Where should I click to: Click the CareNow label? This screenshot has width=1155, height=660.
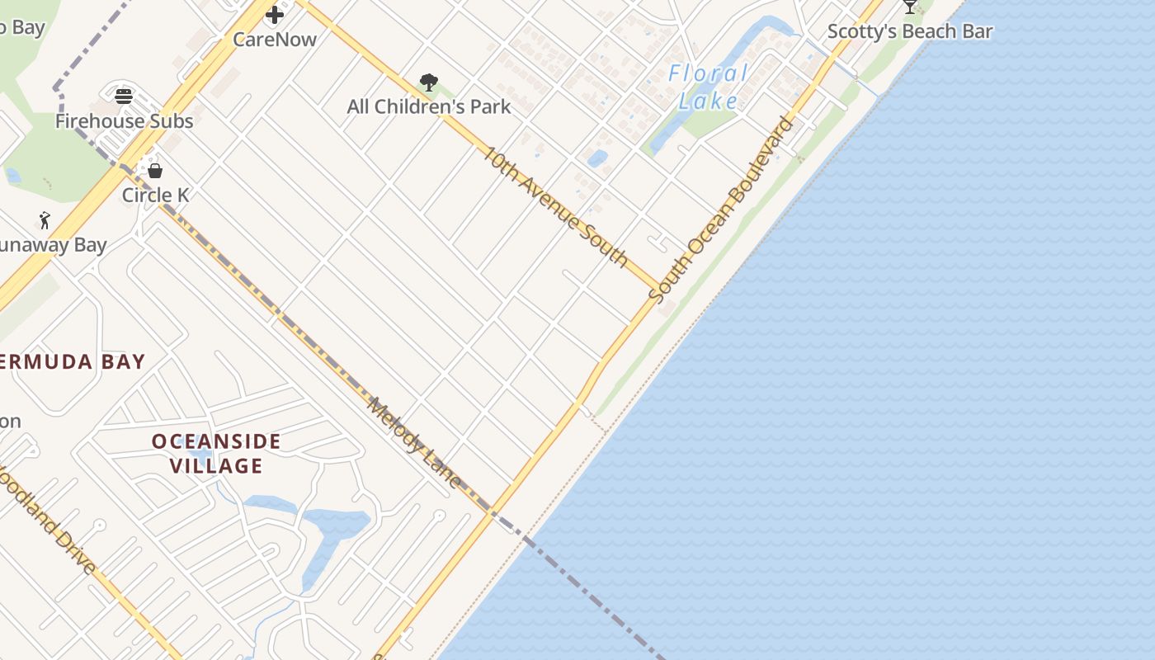tap(275, 39)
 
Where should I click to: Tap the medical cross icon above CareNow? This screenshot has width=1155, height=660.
tap(275, 14)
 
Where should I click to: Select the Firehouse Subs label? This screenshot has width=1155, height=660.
tap(124, 121)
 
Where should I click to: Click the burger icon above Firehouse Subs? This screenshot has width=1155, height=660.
tap(124, 96)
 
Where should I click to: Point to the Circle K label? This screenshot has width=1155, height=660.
tap(155, 196)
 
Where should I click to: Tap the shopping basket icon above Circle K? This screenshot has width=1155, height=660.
tap(155, 171)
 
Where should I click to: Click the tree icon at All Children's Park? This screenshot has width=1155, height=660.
tap(428, 82)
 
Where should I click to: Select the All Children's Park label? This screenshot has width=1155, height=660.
tap(428, 106)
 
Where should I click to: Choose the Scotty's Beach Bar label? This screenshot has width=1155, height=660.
tap(909, 31)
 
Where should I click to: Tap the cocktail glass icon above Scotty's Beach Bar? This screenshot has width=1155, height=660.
tap(909, 7)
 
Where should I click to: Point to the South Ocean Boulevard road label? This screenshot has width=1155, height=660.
tap(721, 210)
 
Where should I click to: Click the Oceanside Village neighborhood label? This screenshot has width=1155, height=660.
tap(216, 454)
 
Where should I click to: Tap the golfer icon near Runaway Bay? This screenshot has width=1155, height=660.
tap(45, 220)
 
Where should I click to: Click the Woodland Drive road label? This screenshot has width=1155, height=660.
tap(45, 520)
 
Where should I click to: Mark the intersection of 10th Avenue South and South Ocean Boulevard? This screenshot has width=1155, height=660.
tap(658, 290)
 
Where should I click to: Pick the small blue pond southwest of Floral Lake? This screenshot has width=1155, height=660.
tap(597, 158)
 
